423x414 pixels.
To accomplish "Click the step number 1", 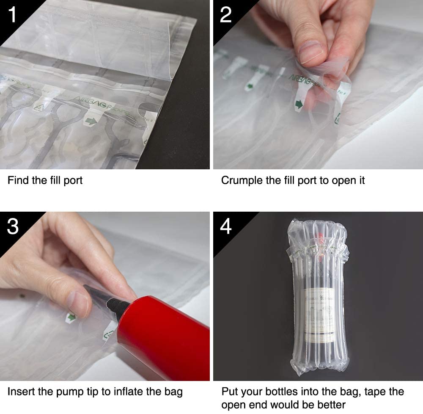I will click(x=12, y=14).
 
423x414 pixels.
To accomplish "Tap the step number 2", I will click(x=226, y=14).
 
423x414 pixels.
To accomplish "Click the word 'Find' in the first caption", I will click(x=18, y=180).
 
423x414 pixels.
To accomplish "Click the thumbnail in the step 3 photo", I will click(x=77, y=303).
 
